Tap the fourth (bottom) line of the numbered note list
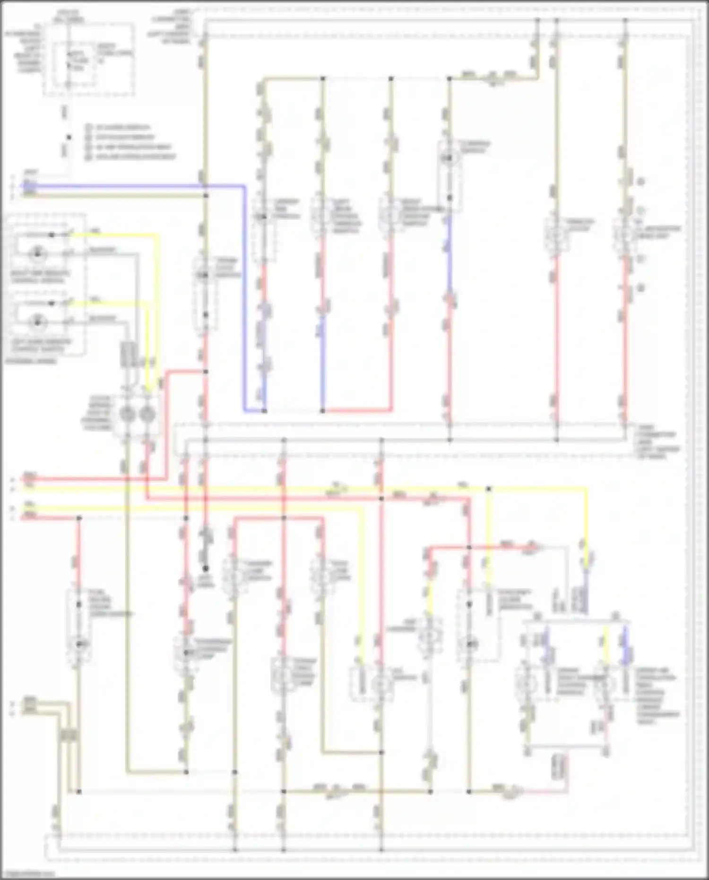[135, 157]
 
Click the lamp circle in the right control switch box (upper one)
[37, 254]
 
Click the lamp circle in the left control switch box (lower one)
[37, 322]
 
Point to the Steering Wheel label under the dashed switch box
[31, 361]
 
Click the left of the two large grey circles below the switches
[128, 415]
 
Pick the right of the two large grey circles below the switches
[148, 415]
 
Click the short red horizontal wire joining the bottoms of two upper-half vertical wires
[357, 410]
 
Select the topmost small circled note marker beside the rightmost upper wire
[641, 182]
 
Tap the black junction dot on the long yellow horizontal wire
[489, 488]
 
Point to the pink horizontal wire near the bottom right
[544, 791]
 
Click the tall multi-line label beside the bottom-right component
[657, 695]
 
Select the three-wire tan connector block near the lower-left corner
[69, 735]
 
